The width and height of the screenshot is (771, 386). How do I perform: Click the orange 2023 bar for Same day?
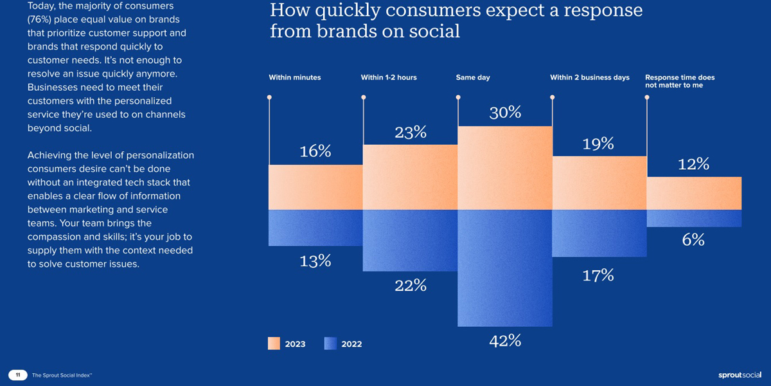pyautogui.click(x=505, y=168)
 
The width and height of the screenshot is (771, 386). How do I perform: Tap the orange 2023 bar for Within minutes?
pyautogui.click(x=316, y=187)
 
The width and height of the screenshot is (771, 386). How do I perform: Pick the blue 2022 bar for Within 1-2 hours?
pyautogui.click(x=411, y=240)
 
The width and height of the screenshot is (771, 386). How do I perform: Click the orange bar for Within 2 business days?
pyautogui.click(x=599, y=183)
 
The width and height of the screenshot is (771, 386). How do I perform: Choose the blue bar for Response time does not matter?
pyautogui.click(x=694, y=218)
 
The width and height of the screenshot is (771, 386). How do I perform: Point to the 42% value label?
pyautogui.click(x=505, y=341)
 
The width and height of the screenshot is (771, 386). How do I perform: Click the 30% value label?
pyautogui.click(x=505, y=113)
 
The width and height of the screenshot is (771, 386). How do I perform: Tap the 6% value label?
pyautogui.click(x=694, y=240)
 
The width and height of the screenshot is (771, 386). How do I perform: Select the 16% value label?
pyautogui.click(x=315, y=152)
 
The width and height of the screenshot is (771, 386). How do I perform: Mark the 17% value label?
pyautogui.click(x=598, y=276)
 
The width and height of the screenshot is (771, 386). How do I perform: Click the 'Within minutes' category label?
pyautogui.click(x=295, y=78)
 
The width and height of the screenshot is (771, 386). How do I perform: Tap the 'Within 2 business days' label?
pyautogui.click(x=590, y=78)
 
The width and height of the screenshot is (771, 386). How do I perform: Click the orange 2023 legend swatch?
pyautogui.click(x=274, y=344)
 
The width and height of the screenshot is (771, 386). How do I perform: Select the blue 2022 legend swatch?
pyautogui.click(x=330, y=344)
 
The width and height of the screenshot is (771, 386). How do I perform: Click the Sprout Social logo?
pyautogui.click(x=740, y=375)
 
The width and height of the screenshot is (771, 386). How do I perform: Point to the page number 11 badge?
pyautogui.click(x=18, y=375)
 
